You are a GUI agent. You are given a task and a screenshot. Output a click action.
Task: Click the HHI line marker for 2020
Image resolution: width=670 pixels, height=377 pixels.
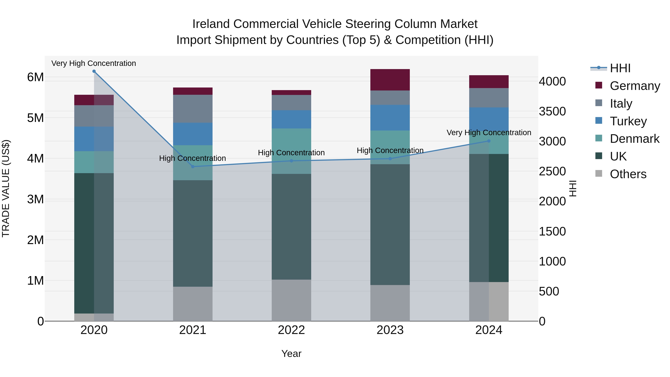(94, 71)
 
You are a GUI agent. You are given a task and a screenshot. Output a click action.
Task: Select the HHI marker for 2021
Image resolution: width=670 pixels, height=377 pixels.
(193, 166)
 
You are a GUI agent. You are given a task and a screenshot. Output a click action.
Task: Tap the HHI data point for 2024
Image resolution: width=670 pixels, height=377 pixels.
(489, 141)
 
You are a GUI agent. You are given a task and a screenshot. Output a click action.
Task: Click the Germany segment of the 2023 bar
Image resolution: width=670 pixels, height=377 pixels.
(390, 80)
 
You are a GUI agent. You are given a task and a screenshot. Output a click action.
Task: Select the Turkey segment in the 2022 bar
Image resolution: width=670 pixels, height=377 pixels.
(291, 119)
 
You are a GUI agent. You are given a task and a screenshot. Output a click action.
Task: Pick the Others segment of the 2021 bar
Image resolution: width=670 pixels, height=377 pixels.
(193, 304)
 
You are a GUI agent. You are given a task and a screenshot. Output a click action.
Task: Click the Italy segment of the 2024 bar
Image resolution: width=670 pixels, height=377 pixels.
(489, 98)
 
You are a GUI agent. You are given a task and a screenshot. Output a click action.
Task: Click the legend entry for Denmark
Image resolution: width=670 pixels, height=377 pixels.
(634, 139)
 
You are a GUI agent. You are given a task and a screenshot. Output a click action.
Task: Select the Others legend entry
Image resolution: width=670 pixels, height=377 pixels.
(628, 174)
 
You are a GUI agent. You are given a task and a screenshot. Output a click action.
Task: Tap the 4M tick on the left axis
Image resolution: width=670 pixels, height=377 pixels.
(36, 159)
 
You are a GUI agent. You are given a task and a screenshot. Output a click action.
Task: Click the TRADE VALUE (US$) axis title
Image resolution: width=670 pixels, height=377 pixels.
(6, 188)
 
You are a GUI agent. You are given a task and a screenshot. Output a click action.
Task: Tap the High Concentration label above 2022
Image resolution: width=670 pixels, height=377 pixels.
(291, 153)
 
